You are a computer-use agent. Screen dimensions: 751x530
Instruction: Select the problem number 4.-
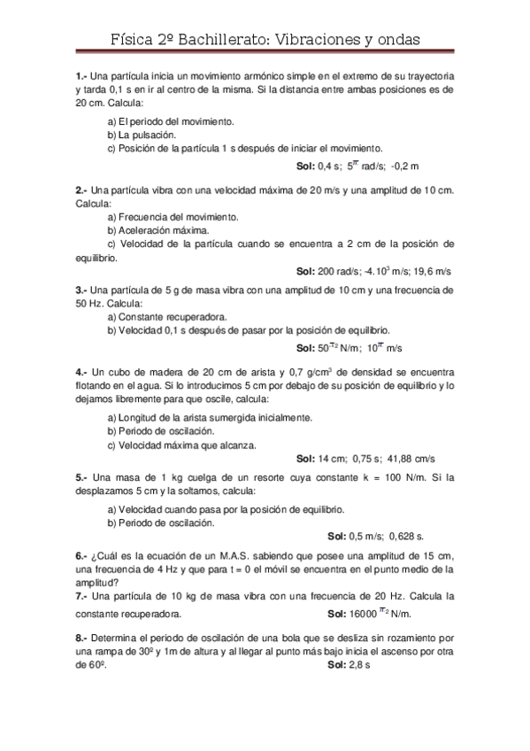click(81, 372)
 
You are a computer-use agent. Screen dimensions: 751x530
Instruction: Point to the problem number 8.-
click(81, 637)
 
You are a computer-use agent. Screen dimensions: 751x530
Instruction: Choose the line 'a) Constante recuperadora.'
click(166, 316)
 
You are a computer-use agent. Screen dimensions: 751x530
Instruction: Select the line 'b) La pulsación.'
click(142, 135)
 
